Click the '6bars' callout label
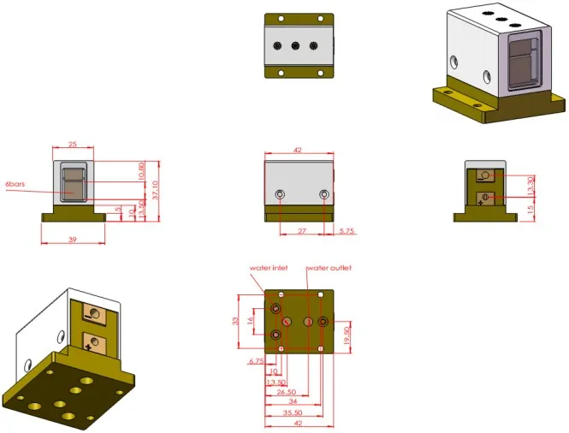point(15,184)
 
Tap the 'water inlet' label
point(269,268)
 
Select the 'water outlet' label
point(329,268)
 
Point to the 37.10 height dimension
point(156,190)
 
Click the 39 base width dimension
point(73,240)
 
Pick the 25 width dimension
point(73,144)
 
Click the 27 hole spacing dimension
point(302,231)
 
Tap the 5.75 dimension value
point(347,231)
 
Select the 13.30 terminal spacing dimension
point(530,186)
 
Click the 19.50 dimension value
point(347,335)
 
